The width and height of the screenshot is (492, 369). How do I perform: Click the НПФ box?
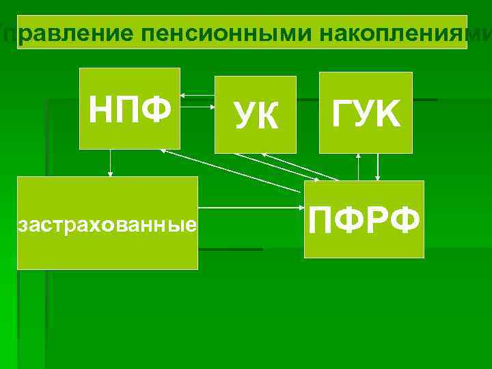[x=130, y=108]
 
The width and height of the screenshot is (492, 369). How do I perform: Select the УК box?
[x=256, y=114]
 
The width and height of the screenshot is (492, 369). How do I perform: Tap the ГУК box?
[x=366, y=112]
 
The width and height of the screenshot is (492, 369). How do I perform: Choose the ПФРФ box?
[x=364, y=219]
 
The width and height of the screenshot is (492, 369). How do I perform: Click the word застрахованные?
[x=107, y=223]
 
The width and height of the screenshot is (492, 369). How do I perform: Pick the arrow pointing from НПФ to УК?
[x=197, y=106]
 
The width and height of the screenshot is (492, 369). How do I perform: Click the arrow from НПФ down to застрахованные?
[x=111, y=163]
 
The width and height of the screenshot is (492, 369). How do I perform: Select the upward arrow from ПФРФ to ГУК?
[x=358, y=167]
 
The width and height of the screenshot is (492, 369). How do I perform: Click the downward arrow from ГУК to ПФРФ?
[x=379, y=167]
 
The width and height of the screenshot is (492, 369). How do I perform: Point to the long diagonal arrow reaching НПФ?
[x=232, y=170]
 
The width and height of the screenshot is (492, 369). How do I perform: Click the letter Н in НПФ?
[x=101, y=108]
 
